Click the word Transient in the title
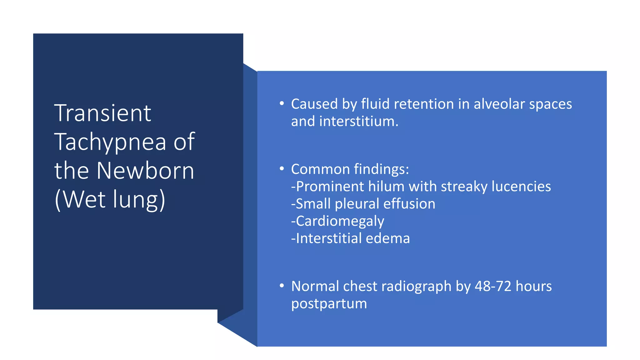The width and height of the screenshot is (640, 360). click(102, 113)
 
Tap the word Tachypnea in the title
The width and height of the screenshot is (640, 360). click(110, 142)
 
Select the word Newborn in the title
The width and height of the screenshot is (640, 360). click(145, 171)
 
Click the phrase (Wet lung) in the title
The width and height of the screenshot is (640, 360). click(110, 200)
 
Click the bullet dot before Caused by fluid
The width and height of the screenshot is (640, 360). click(282, 103)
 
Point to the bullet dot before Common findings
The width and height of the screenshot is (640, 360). click(282, 169)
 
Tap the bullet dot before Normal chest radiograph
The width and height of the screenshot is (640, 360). click(282, 286)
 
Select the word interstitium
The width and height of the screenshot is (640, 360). click(359, 121)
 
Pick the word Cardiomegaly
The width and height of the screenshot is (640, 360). click(340, 221)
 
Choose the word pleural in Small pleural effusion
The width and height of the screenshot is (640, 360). click(357, 204)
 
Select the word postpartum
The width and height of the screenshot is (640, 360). click(329, 304)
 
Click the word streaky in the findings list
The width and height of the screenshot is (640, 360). click(464, 187)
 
